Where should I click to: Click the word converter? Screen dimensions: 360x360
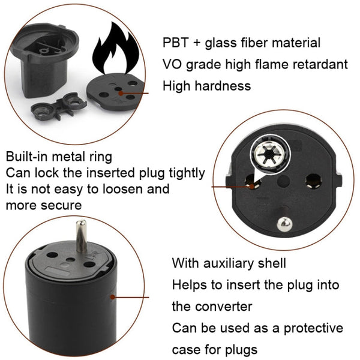(223, 307)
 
